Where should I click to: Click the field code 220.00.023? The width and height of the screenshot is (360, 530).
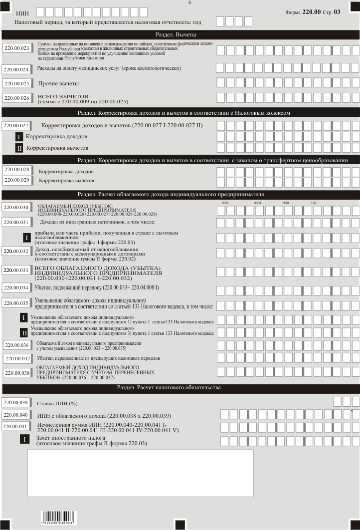click(x=17, y=48)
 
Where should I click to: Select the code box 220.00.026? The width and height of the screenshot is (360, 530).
click(x=17, y=98)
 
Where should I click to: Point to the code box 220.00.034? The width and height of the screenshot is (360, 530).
click(x=17, y=288)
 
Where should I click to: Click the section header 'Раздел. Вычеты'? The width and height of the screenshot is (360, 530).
click(x=180, y=34)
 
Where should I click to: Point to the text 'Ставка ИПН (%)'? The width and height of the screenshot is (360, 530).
click(x=58, y=403)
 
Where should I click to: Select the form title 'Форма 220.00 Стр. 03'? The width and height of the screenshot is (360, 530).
click(x=319, y=11)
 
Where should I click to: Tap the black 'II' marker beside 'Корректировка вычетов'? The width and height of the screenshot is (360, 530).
click(x=19, y=148)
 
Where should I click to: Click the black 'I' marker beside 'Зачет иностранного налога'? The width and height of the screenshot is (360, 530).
click(x=23, y=439)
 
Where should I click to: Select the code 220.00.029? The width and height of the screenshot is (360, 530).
click(x=17, y=180)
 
